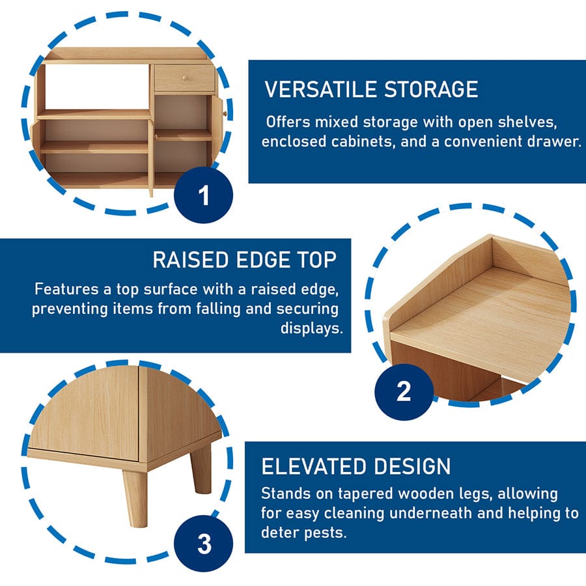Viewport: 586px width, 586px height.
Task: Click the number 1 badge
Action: pyautogui.click(x=203, y=195)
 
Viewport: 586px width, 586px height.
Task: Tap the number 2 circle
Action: pyautogui.click(x=404, y=392)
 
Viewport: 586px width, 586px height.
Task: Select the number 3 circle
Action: pyautogui.click(x=203, y=544)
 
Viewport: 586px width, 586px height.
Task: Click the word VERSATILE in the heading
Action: pyautogui.click(x=320, y=89)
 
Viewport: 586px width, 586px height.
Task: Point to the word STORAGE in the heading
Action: pyautogui.click(x=431, y=89)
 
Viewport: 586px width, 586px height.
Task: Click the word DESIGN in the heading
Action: pyautogui.click(x=412, y=466)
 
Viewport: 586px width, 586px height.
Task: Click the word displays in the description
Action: pyautogui.click(x=312, y=328)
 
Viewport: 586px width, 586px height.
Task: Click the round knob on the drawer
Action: pyautogui.click(x=185, y=78)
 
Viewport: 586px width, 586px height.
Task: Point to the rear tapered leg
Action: pyautogui.click(x=201, y=467)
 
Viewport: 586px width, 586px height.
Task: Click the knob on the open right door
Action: pyautogui.click(x=225, y=113)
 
